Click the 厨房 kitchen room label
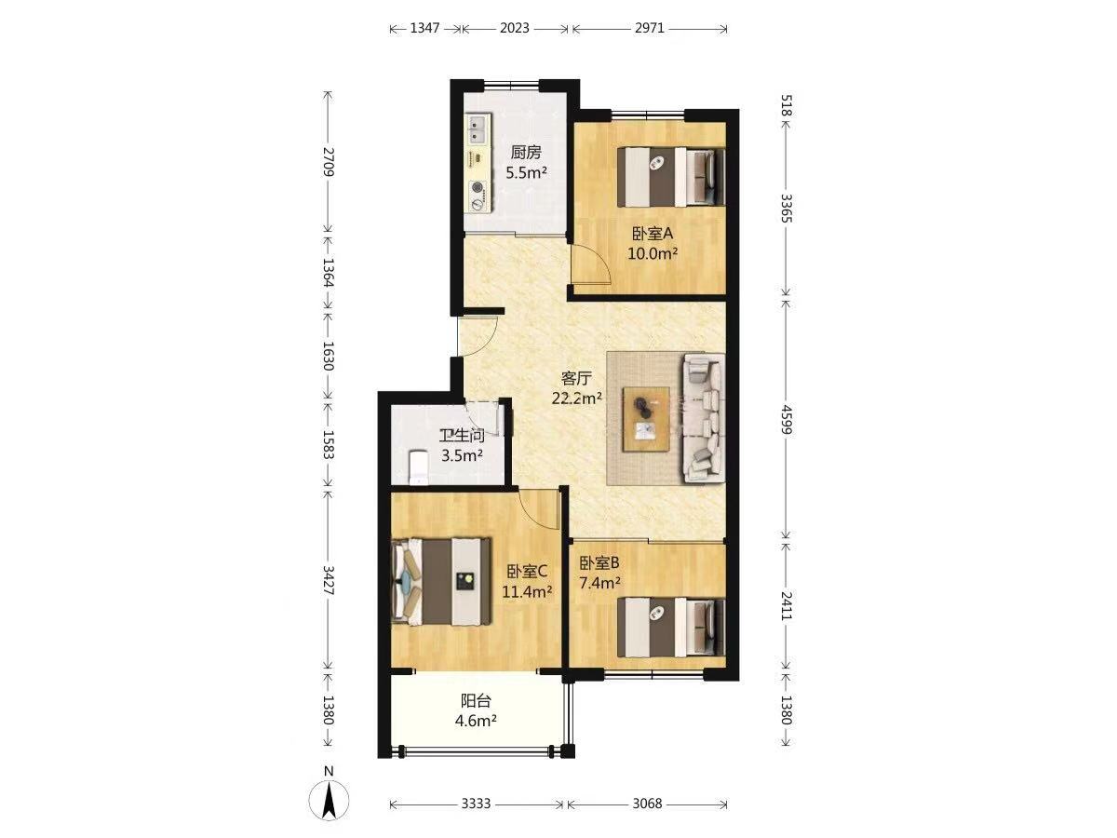[x=526, y=152]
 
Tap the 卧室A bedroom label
[x=653, y=234]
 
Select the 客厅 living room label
[x=576, y=378]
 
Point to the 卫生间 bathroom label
[x=462, y=436]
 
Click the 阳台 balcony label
[x=476, y=701]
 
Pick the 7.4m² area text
[x=599, y=583]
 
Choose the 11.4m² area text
[x=527, y=592]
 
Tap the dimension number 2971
[x=650, y=28]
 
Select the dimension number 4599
[x=787, y=420]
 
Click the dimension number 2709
[x=329, y=161]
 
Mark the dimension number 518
[x=787, y=105]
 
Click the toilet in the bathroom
[x=418, y=467]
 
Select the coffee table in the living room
[x=647, y=419]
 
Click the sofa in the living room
[x=704, y=418]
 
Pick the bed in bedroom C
[x=441, y=582]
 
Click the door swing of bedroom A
[x=590, y=264]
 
